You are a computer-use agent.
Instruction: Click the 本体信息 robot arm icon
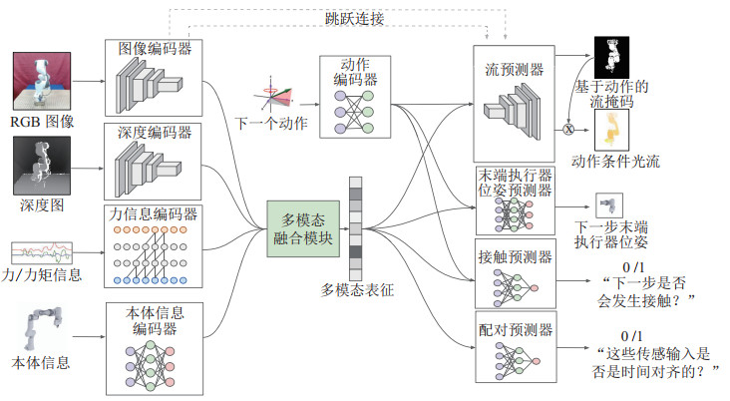click(40, 324)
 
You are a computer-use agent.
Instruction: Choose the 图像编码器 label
click(156, 46)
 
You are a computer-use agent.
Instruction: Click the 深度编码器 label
click(156, 131)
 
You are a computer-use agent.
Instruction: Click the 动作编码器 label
click(353, 72)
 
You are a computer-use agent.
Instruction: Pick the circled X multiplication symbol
click(569, 128)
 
